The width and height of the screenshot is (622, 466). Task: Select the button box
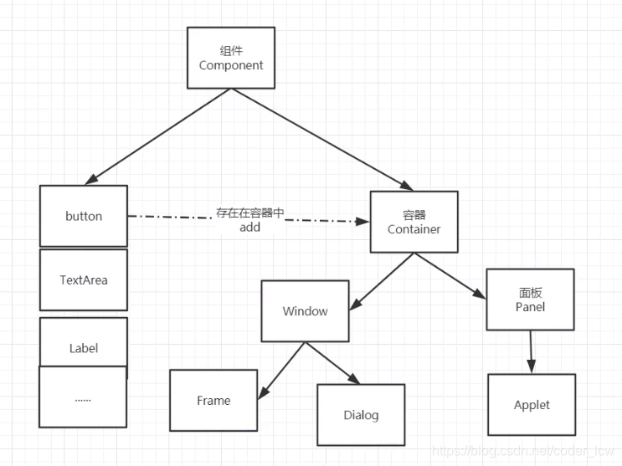point(84,216)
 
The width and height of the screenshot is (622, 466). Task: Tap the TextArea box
point(84,279)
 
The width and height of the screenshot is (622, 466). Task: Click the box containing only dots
point(83,398)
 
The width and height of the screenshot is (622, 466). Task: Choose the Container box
point(414,222)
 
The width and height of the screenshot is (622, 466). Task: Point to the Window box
point(305,311)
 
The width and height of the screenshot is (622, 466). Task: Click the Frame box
point(213,401)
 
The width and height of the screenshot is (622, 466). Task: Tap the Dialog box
point(361,415)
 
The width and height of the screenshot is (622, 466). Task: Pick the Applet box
point(532,405)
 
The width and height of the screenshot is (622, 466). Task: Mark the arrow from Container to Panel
point(452,275)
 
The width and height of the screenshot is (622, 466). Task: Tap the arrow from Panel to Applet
point(529,351)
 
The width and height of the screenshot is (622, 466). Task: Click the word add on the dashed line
point(249,228)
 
